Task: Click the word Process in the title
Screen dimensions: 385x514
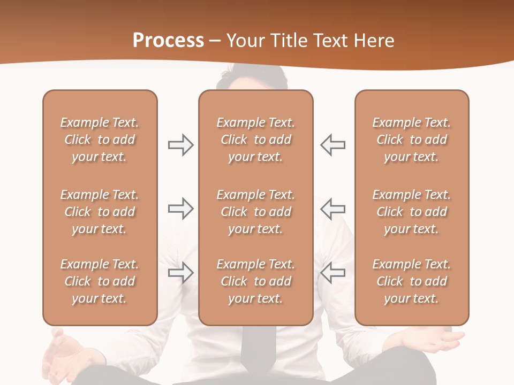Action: tap(168, 41)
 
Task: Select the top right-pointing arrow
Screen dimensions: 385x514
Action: tap(181, 145)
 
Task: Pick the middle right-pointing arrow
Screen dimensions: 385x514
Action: tap(181, 209)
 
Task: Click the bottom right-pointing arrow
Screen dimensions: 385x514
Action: tap(181, 273)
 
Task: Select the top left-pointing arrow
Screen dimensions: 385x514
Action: tap(333, 145)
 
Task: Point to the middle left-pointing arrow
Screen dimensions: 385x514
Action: tap(333, 209)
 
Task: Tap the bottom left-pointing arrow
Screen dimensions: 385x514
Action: tap(333, 273)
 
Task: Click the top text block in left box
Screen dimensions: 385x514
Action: tap(100, 140)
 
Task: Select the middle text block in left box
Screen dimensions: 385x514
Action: tap(100, 212)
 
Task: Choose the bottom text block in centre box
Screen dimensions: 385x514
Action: tap(255, 281)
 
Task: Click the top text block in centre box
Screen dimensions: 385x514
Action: tap(255, 140)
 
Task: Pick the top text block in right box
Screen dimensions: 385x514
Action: tap(411, 140)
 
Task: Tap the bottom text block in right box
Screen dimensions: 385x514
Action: tap(411, 281)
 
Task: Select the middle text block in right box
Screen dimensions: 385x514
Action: tap(411, 212)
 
